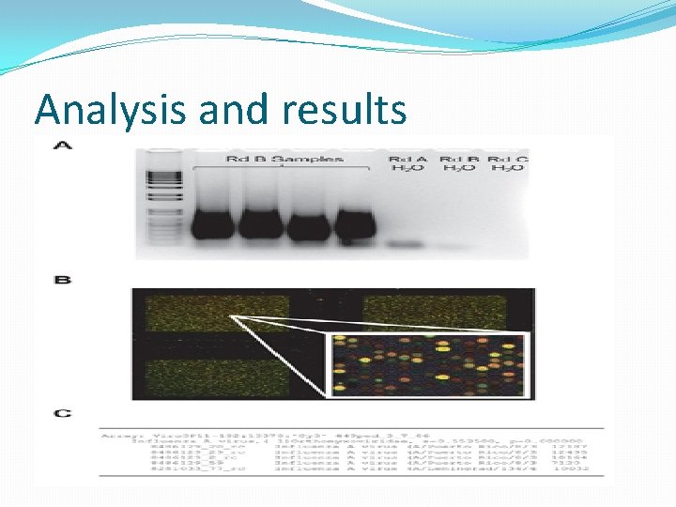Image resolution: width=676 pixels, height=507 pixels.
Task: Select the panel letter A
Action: pyautogui.click(x=62, y=146)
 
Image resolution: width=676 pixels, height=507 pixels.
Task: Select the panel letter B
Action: pyautogui.click(x=62, y=280)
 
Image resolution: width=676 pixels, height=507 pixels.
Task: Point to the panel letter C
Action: pyautogui.click(x=62, y=413)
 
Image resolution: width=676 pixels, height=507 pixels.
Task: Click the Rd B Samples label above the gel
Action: pyautogui.click(x=284, y=159)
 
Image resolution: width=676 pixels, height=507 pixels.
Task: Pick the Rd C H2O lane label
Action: pyautogui.click(x=508, y=163)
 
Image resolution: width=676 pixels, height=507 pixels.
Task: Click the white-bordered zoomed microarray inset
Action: pyautogui.click(x=424, y=366)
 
